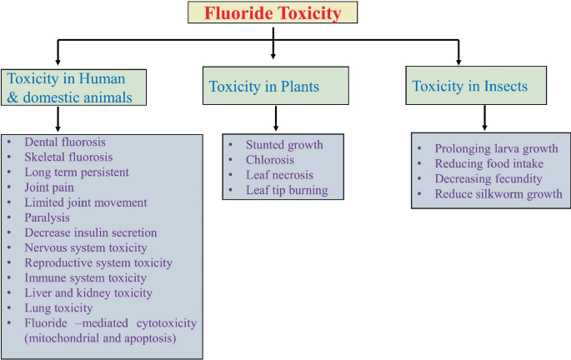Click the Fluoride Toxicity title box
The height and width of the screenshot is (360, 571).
[x=273, y=13]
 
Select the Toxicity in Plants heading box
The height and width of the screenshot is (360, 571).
[x=274, y=87]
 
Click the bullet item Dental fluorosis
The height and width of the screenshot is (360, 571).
[x=65, y=142]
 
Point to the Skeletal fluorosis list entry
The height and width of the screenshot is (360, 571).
[x=68, y=157]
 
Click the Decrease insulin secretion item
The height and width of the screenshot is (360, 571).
[x=90, y=232]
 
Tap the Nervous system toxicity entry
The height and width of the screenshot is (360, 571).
[x=86, y=247]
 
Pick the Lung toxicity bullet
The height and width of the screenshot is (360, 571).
[x=58, y=307]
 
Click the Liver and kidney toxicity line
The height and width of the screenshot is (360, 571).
[x=88, y=292]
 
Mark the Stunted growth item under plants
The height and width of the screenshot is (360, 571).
[x=284, y=145]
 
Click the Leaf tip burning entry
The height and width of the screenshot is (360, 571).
[x=287, y=190]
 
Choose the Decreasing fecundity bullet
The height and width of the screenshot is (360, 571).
[x=488, y=179]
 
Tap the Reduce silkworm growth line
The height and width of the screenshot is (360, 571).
[x=498, y=194]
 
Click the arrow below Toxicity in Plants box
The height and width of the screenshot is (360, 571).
[x=274, y=117]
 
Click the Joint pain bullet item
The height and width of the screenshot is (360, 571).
[x=51, y=187]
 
